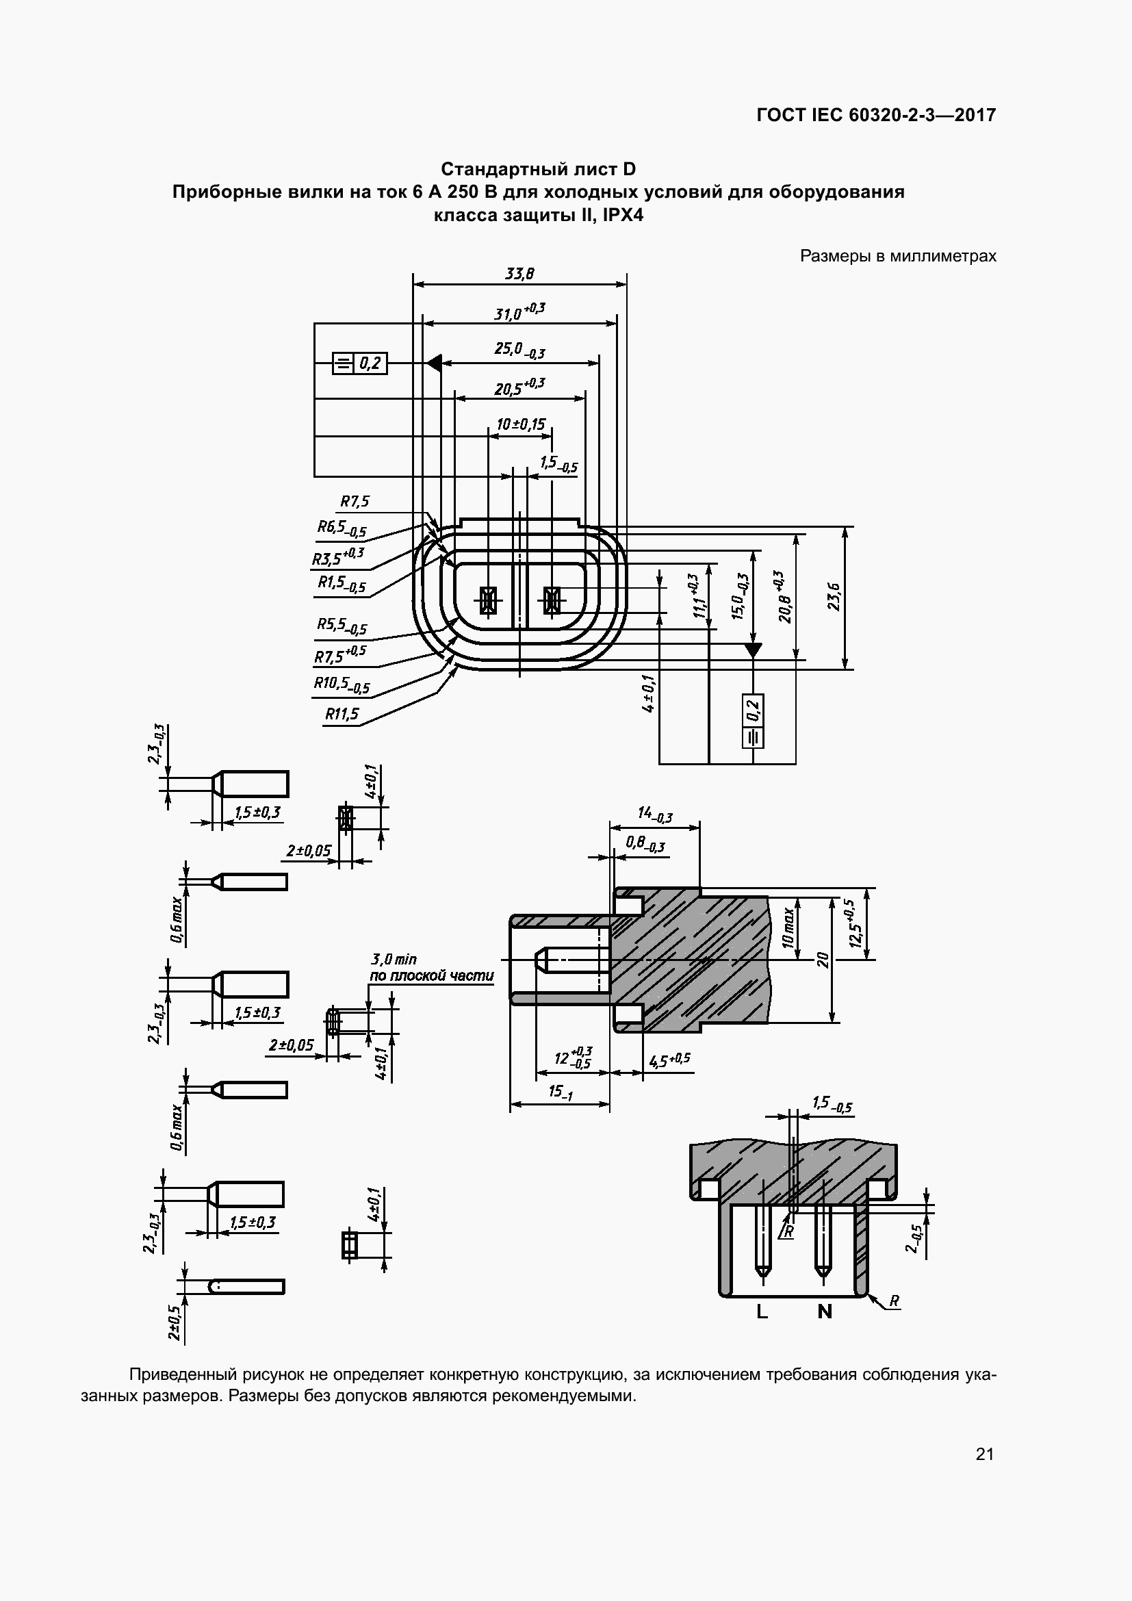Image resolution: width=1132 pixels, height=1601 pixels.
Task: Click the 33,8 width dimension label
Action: [x=519, y=274]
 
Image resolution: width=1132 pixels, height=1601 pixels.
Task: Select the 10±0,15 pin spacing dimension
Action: [x=521, y=424]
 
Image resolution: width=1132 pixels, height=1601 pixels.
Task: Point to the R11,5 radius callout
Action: [x=342, y=713]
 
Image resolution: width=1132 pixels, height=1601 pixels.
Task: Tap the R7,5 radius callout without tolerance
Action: [x=355, y=501]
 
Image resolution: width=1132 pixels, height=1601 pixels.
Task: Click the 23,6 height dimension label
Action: [x=834, y=597]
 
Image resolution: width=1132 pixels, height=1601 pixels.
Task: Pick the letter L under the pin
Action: [x=762, y=1312]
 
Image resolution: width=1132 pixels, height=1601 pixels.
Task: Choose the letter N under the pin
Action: [x=825, y=1312]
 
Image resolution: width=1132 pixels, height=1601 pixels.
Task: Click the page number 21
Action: [x=985, y=1454]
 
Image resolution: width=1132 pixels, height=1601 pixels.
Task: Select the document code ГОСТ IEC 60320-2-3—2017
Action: [x=876, y=115]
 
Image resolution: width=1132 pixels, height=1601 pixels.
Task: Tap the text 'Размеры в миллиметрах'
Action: [x=898, y=256]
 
